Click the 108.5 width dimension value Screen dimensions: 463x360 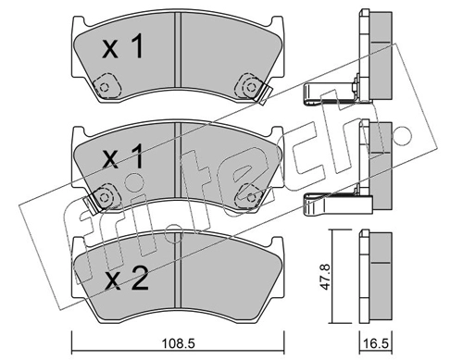(178, 343)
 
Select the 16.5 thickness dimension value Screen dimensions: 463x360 (376, 344)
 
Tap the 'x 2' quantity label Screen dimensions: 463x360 (127, 279)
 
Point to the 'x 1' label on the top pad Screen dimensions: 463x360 (122, 46)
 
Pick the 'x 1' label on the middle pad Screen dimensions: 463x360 (122, 156)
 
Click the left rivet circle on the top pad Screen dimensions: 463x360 (105, 87)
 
